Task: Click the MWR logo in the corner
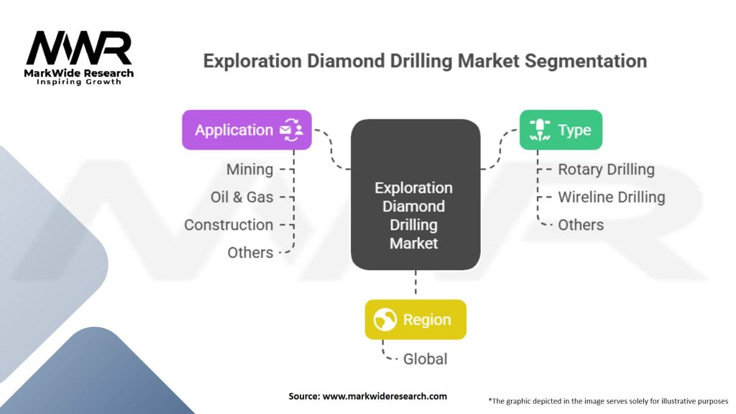point(79,57)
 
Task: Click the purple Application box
point(247,130)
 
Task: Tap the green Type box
point(561,130)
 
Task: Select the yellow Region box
point(415,320)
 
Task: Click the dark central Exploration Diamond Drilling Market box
point(415,195)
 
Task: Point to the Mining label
point(249,170)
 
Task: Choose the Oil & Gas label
point(241,197)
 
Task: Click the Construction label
point(229,225)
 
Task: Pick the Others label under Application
point(250,252)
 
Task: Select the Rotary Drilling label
point(606,170)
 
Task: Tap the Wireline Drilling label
point(611,197)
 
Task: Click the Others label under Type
point(581,225)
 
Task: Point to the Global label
point(425,359)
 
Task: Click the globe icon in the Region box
point(385,320)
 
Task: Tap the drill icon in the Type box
point(540,130)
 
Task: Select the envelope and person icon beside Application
point(292,130)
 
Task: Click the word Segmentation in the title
point(586,62)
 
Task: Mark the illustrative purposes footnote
point(608,401)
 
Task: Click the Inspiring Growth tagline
point(79,82)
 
